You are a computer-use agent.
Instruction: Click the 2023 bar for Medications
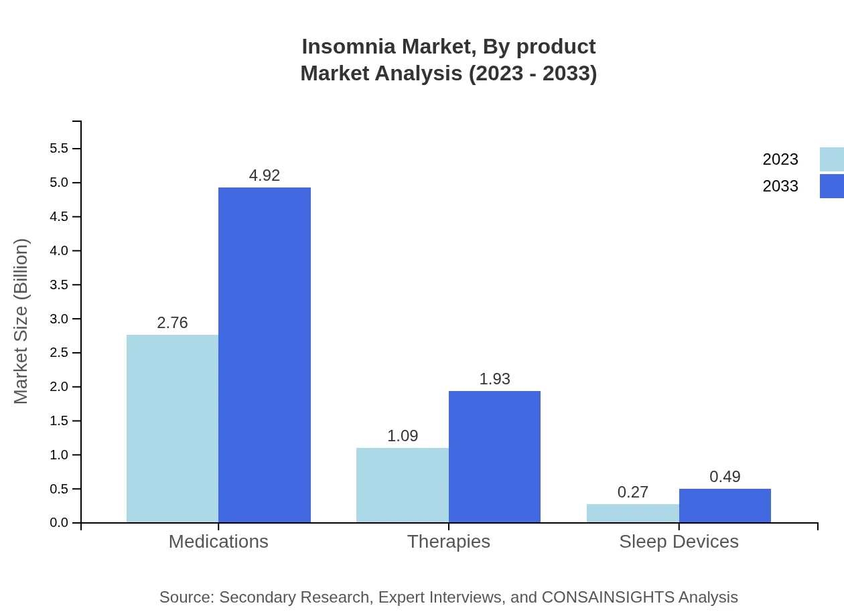click(x=172, y=429)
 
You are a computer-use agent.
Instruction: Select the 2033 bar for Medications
click(x=265, y=355)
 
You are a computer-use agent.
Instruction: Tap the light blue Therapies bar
click(x=403, y=485)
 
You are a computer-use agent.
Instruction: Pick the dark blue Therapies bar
click(x=494, y=457)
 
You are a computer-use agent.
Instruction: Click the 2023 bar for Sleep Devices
click(x=633, y=514)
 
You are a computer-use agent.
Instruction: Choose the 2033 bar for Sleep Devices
click(x=725, y=506)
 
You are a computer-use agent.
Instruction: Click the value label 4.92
click(x=265, y=175)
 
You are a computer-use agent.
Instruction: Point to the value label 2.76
click(x=172, y=323)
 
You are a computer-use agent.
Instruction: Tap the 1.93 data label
click(x=494, y=379)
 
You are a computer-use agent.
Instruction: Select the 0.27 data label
click(x=633, y=492)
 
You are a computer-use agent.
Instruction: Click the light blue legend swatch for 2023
click(x=831, y=159)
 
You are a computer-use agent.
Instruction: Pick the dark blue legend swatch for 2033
click(x=831, y=186)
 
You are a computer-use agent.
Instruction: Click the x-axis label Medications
click(x=218, y=541)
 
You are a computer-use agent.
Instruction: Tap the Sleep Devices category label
click(x=679, y=541)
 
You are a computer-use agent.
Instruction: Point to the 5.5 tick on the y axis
click(x=59, y=149)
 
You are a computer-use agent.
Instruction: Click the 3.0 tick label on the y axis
click(x=59, y=319)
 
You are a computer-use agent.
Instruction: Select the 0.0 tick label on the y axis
click(x=59, y=523)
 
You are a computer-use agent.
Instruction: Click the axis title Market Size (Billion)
click(x=21, y=321)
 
